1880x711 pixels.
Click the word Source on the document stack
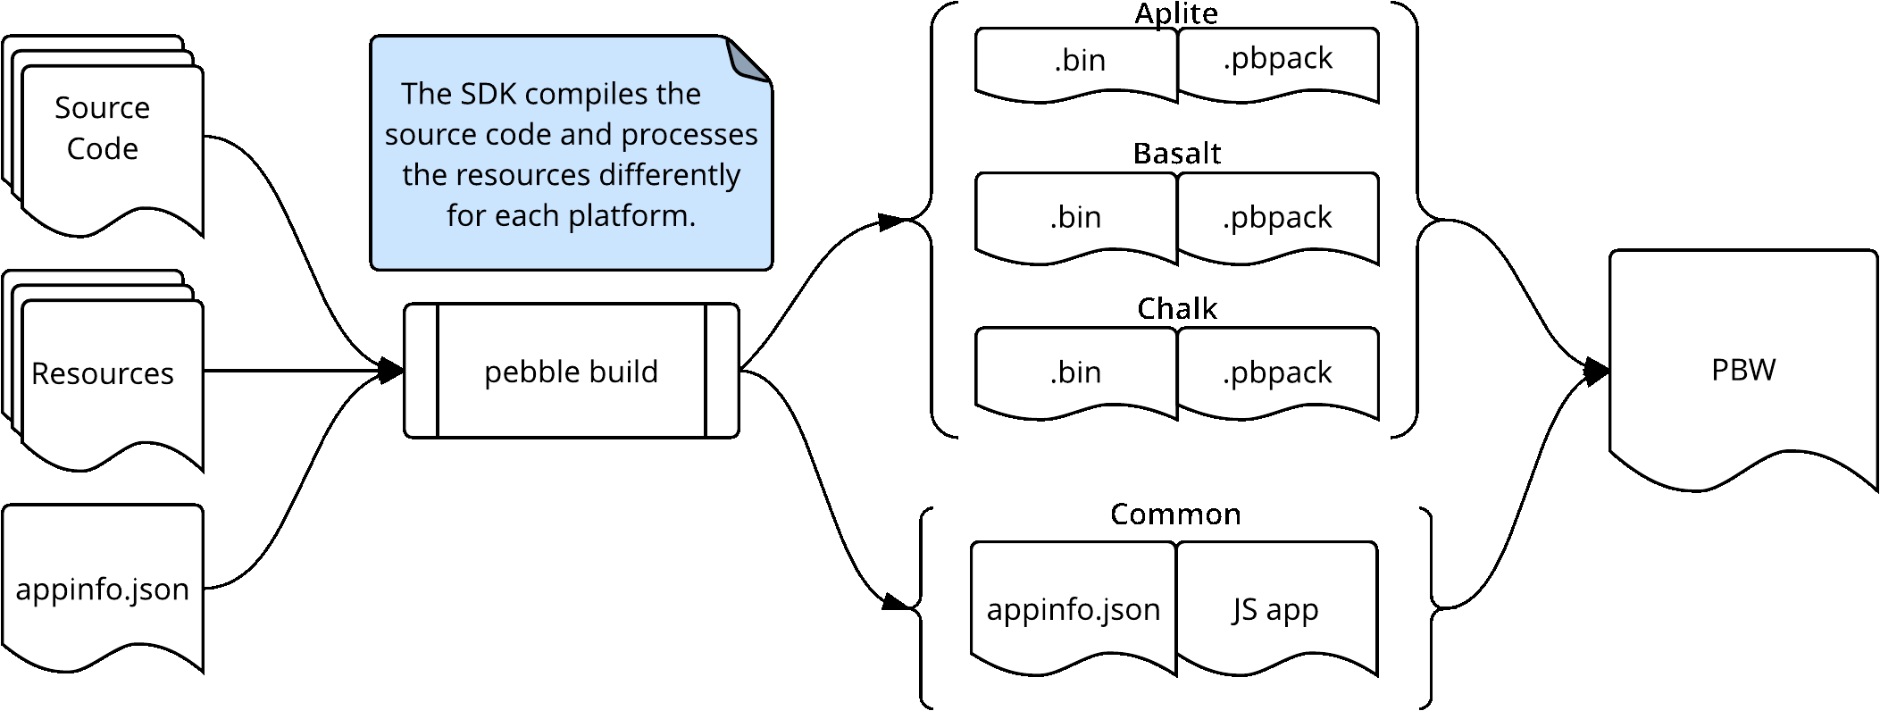pos(102,108)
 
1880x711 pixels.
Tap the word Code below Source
pos(102,148)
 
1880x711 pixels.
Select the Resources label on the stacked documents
pos(102,373)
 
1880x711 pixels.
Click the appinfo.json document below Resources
pos(102,590)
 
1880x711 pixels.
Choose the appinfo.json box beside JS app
pos(1073,609)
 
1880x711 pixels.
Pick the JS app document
pos(1275,609)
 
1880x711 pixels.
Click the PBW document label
pos(1742,370)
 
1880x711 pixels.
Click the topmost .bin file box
pos(1079,61)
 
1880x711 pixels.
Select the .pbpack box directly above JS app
pos(1277,372)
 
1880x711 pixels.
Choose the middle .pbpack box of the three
pos(1277,217)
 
